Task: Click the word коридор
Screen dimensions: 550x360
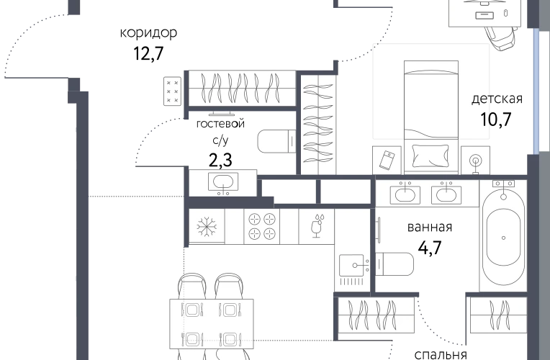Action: pos(148,33)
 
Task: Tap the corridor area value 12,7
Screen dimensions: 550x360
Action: pos(148,54)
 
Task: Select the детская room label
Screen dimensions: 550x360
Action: pos(497,99)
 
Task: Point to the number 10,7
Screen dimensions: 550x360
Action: pos(495,120)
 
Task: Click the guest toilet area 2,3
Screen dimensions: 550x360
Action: pos(220,160)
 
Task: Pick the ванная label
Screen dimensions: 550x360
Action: pos(430,228)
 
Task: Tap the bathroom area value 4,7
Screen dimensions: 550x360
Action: pos(430,248)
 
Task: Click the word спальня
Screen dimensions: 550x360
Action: pos(441,354)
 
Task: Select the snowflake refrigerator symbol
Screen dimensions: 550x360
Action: pos(207,226)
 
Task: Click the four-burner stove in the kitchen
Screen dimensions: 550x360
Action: pos(261,226)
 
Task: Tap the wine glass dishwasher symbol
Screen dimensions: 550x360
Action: pos(317,226)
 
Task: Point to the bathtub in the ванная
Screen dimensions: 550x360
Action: pos(503,237)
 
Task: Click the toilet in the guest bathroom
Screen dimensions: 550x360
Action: pos(276,141)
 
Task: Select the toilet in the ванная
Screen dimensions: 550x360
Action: pos(395,264)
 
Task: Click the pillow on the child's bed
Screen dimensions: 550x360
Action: pos(430,156)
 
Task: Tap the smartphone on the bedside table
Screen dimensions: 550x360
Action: pos(387,160)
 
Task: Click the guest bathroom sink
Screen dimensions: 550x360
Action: pos(223,182)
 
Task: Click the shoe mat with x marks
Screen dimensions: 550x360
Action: pos(172,91)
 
